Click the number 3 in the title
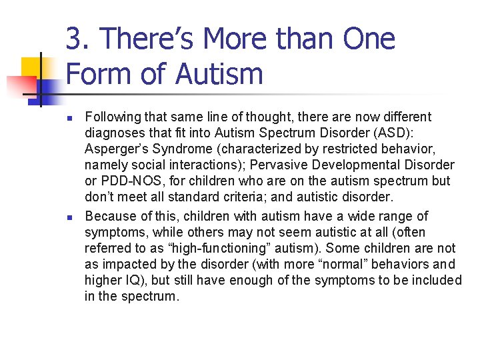pyautogui.click(x=73, y=39)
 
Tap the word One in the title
pyautogui.click(x=369, y=39)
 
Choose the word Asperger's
pyautogui.click(x=115, y=149)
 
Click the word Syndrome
pyautogui.click(x=177, y=149)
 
